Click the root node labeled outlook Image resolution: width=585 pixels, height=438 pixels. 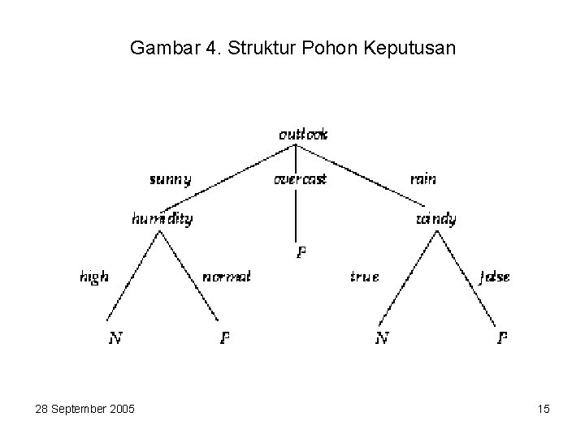point(303,135)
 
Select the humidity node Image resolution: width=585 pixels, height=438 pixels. point(162,219)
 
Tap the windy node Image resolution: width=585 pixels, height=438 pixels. point(436,219)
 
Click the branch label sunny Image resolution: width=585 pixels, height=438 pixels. point(171,179)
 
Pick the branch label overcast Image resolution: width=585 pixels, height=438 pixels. point(300,179)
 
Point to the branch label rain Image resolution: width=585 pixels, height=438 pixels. point(422,179)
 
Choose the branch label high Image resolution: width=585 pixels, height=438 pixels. point(94,277)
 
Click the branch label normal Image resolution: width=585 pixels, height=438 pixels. point(226,277)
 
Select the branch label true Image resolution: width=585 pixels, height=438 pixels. point(364,277)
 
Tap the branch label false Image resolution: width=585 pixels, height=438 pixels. point(495,277)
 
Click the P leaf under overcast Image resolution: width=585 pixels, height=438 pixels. point(301,252)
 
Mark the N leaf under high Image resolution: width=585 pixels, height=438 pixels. point(116,338)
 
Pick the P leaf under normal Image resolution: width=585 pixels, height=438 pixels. point(225,338)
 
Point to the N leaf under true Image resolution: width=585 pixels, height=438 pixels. point(380,338)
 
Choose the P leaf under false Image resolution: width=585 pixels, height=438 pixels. point(504,338)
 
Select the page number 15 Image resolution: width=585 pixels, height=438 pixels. point(544,409)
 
